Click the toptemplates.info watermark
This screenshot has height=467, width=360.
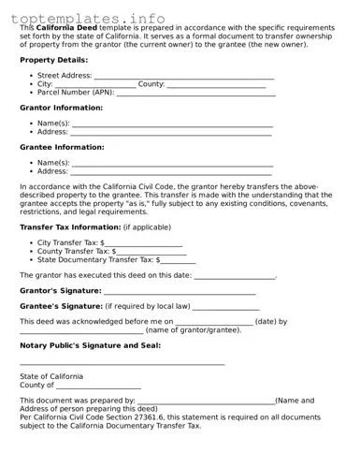(x=92, y=18)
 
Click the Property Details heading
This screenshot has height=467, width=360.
(x=53, y=60)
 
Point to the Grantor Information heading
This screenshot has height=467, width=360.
(x=61, y=108)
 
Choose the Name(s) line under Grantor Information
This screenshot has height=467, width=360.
(x=172, y=124)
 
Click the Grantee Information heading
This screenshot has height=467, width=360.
(x=61, y=147)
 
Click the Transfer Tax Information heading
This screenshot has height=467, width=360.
(x=70, y=227)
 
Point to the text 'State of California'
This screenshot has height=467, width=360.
(x=51, y=376)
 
